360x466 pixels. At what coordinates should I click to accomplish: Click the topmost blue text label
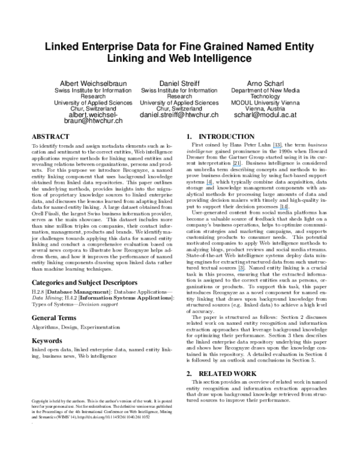277,147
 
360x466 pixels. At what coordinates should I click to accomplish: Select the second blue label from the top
237,166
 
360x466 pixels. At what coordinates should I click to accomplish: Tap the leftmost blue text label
209,185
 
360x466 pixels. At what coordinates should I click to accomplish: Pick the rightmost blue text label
284,209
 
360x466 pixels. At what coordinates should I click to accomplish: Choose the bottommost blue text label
241,271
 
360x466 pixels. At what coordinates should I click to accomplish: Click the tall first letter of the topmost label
273,147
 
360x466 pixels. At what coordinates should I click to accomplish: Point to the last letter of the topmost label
280,148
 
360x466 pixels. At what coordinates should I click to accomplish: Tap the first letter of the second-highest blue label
233,166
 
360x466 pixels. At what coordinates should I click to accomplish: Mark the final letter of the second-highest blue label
241,166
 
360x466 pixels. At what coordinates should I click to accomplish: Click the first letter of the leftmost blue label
206,184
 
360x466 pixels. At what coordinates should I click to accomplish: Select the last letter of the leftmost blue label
212,185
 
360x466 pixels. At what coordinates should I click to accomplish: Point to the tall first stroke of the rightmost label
280,208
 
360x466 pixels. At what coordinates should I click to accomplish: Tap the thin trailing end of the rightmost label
288,209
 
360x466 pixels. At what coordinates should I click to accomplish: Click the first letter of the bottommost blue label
238,270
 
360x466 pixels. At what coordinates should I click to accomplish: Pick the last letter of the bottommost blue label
244,271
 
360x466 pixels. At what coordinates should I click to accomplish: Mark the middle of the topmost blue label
277,147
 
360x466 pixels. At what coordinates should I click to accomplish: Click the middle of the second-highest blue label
237,166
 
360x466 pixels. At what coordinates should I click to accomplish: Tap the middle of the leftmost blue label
209,185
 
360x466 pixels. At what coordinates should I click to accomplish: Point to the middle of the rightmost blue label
284,209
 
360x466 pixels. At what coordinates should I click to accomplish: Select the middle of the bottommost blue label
241,271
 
